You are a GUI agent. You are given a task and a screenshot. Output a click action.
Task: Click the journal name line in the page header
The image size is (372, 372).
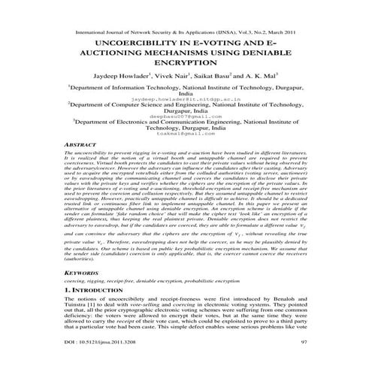pos(186,33)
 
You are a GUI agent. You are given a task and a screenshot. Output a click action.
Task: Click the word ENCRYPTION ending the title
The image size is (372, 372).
pos(186,71)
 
